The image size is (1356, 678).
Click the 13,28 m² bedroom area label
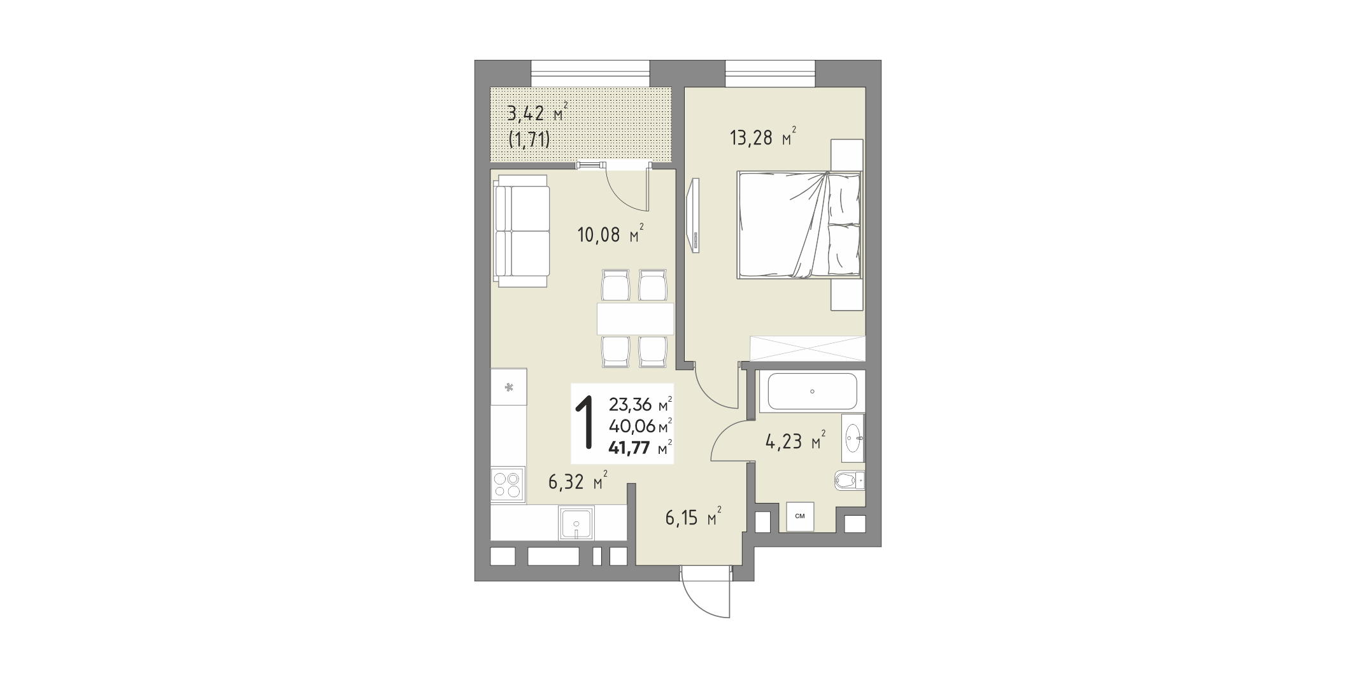point(763,137)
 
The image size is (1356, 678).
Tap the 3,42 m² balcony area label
point(536,115)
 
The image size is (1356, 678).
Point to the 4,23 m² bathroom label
point(796,441)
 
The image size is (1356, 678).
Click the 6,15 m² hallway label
point(694,518)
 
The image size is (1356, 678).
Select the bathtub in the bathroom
point(812,392)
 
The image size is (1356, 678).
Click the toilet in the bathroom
point(849,481)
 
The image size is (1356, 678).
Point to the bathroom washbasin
point(853,437)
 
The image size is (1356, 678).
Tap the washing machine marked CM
point(800,516)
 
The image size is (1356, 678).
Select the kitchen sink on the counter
point(131,524)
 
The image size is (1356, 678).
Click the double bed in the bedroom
point(799,225)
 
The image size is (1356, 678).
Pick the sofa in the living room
point(522,232)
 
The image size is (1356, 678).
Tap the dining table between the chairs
point(635,318)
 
